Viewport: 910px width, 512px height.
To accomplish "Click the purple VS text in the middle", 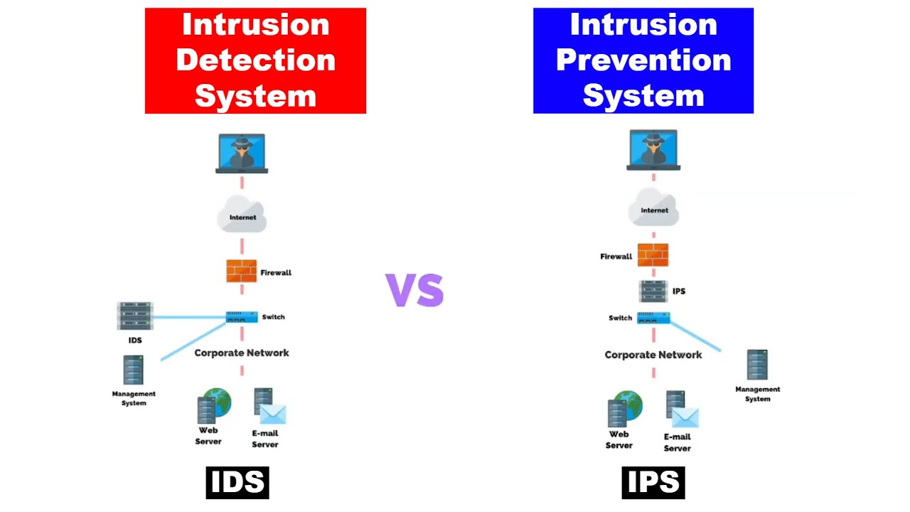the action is (x=414, y=290).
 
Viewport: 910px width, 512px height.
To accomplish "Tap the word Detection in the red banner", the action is (x=255, y=60).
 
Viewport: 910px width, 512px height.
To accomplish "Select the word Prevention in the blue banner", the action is (x=643, y=60).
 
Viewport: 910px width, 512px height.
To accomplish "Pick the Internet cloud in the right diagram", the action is (x=653, y=208).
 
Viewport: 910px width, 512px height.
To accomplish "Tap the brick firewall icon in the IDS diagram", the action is (x=242, y=271).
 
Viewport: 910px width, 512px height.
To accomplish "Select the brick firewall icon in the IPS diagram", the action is (x=653, y=255).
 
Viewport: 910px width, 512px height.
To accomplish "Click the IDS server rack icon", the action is (x=135, y=316).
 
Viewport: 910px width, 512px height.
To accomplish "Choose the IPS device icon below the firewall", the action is (x=653, y=291).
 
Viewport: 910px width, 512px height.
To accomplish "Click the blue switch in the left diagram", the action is (x=242, y=317).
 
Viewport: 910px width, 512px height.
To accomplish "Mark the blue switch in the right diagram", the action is (x=653, y=318).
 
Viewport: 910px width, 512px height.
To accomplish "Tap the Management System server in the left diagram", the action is (x=133, y=370).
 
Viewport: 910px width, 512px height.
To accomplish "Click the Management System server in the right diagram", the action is (x=757, y=365).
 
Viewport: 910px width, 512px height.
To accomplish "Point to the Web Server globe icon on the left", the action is (x=218, y=402).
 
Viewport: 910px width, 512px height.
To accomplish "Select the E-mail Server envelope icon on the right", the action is (x=685, y=416).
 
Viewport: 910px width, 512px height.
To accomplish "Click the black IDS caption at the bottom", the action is (x=237, y=482).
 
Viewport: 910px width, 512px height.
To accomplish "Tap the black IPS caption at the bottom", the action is (x=653, y=482).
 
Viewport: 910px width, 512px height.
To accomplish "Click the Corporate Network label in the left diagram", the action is (x=242, y=353).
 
